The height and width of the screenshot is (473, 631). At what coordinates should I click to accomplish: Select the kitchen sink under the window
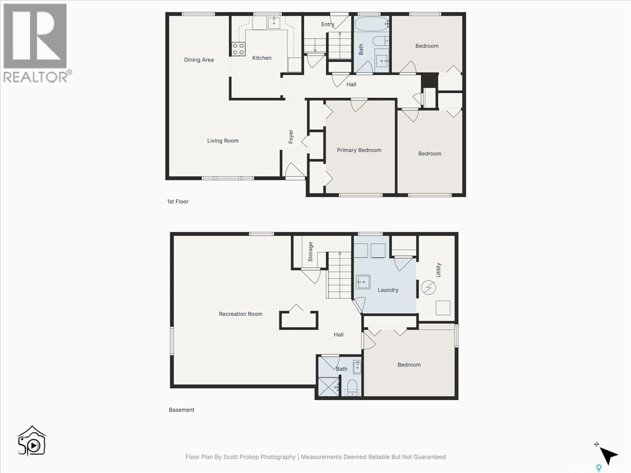click(x=274, y=23)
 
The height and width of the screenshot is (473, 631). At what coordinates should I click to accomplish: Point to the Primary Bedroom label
click(x=359, y=150)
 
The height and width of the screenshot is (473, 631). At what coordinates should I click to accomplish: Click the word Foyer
click(x=291, y=137)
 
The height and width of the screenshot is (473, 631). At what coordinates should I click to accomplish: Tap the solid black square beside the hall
click(x=429, y=80)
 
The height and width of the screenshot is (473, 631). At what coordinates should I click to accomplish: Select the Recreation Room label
click(x=240, y=314)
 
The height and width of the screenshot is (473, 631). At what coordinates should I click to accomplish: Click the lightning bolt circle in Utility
click(x=428, y=288)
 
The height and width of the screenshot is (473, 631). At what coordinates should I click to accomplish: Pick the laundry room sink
click(x=363, y=282)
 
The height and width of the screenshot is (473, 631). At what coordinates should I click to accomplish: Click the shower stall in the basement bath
click(x=328, y=387)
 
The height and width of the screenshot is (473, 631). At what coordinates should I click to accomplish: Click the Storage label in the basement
click(x=310, y=252)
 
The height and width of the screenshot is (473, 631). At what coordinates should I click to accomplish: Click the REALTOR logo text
click(x=36, y=77)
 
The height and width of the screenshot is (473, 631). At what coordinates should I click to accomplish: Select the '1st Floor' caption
click(x=178, y=202)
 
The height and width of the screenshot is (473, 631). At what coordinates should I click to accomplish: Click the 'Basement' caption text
click(x=181, y=410)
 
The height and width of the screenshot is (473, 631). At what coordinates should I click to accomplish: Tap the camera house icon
click(x=32, y=441)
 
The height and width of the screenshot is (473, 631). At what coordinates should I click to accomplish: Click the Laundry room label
click(x=388, y=290)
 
